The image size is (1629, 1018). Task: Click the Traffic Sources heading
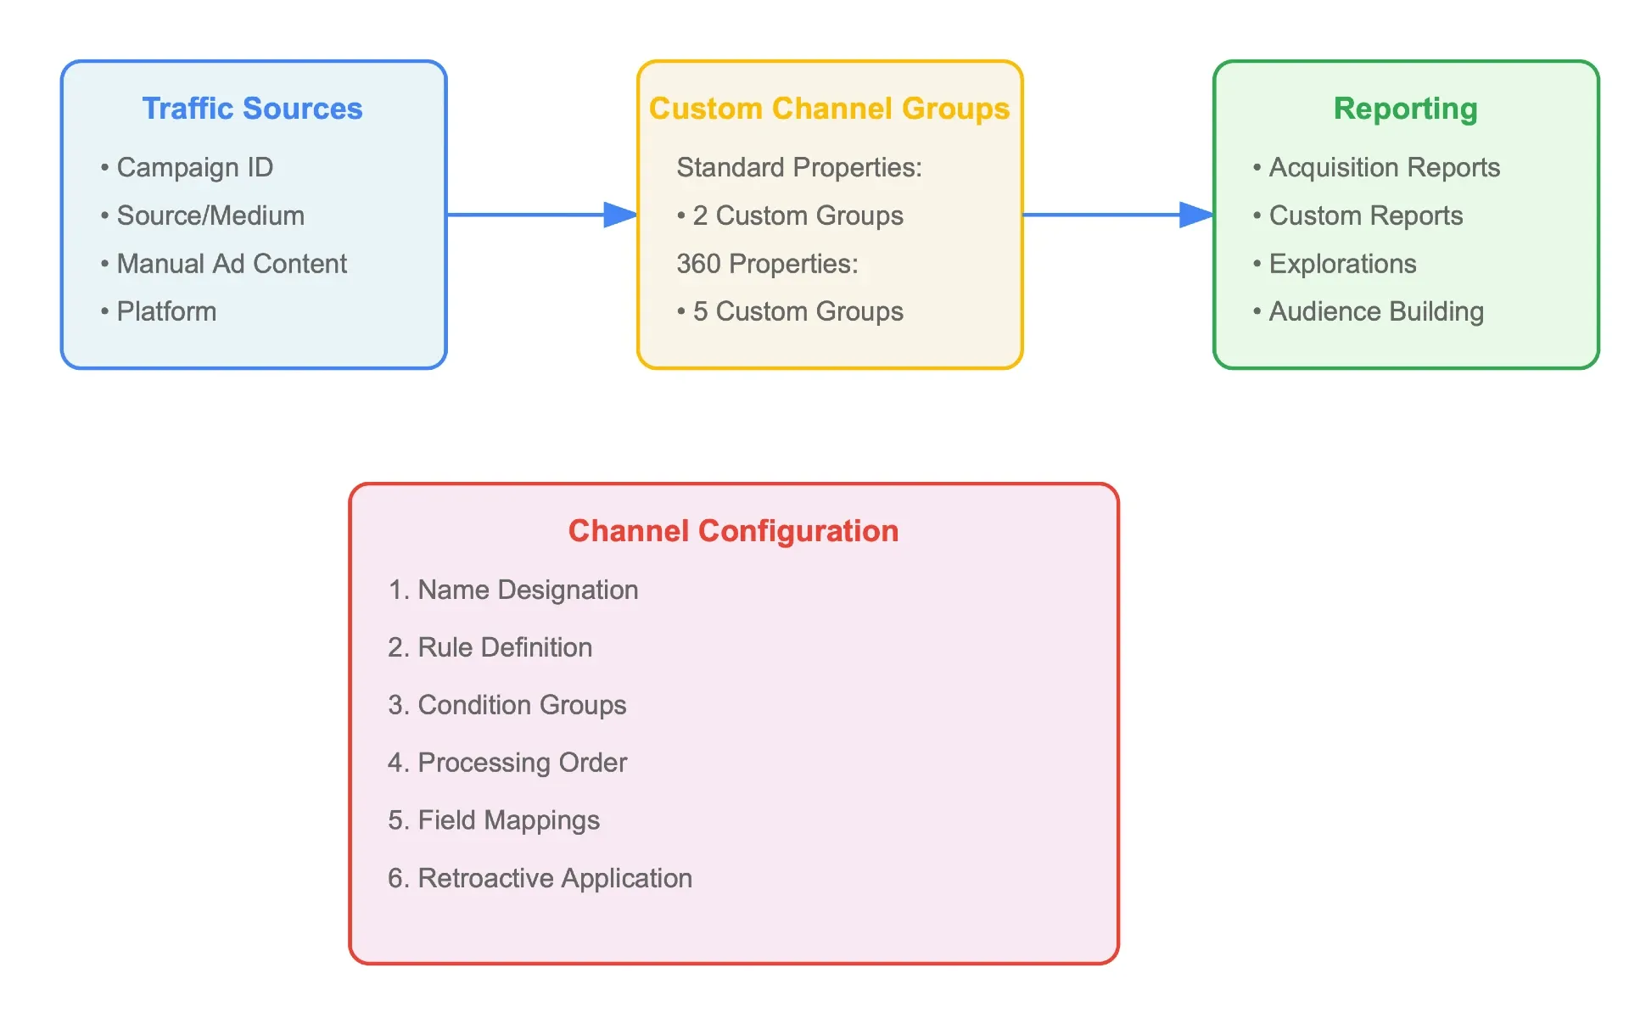pyautogui.click(x=252, y=109)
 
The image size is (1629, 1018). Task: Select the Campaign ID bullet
pyautogui.click(x=187, y=167)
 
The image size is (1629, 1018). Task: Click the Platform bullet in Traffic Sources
pyautogui.click(x=159, y=311)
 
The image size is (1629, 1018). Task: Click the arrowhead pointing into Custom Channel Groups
pyautogui.click(x=621, y=215)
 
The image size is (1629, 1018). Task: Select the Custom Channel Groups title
pyautogui.click(x=829, y=109)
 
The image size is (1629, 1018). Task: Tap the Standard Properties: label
pyautogui.click(x=798, y=167)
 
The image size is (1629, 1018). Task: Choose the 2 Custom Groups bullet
pyautogui.click(x=790, y=215)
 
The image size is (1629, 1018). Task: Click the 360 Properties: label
pyautogui.click(x=767, y=264)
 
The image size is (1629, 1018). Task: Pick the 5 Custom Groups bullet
pyautogui.click(x=790, y=311)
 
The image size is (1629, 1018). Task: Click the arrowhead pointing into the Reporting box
pyautogui.click(x=1197, y=215)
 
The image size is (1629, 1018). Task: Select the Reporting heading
pyautogui.click(x=1405, y=109)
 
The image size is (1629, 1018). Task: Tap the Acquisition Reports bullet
pyautogui.click(x=1376, y=167)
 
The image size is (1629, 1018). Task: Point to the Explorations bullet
pyautogui.click(x=1335, y=264)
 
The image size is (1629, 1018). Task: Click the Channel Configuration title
pyautogui.click(x=733, y=531)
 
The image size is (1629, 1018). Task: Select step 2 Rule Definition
pyautogui.click(x=490, y=647)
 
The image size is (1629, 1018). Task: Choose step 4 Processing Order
pyautogui.click(x=507, y=763)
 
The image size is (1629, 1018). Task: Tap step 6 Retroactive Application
pyautogui.click(x=540, y=878)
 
